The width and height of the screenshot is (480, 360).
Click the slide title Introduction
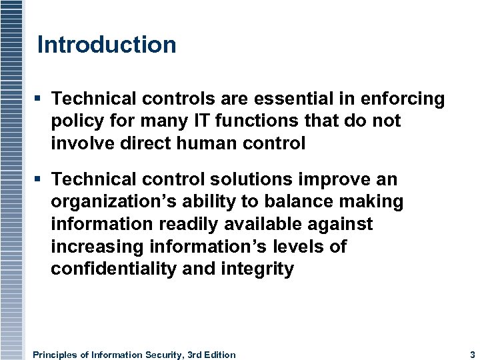[x=107, y=45]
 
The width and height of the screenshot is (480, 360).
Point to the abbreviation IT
[x=186, y=121]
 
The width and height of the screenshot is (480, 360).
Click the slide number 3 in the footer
[x=472, y=355]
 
